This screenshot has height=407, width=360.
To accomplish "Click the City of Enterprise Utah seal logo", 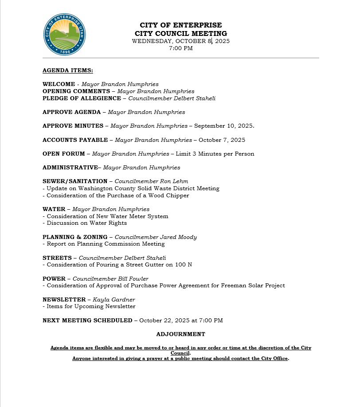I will tap(65, 34).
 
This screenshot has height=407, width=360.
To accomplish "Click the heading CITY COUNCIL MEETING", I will tap(181, 34).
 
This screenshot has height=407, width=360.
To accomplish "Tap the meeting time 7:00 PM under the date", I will tap(181, 48).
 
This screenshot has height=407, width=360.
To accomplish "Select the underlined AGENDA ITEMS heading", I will tap(68, 70).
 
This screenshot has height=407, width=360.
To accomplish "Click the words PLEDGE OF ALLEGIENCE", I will tap(82, 98).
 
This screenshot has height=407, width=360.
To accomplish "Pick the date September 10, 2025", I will tap(224, 126).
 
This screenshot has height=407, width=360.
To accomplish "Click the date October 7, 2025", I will tap(222, 140).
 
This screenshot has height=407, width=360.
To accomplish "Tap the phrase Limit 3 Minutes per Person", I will tap(215, 154).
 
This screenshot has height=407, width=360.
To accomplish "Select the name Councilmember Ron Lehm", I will tap(151, 181).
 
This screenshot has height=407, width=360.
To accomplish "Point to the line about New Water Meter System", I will tap(107, 216).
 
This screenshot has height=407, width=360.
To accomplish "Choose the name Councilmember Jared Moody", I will tap(156, 237).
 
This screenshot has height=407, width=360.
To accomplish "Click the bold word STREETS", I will tap(57, 258).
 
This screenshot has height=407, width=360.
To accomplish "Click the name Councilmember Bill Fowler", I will tap(110, 279).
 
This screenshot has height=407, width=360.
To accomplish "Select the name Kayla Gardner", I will tap(114, 300).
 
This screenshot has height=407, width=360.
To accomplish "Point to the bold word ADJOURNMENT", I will tap(181, 334).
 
